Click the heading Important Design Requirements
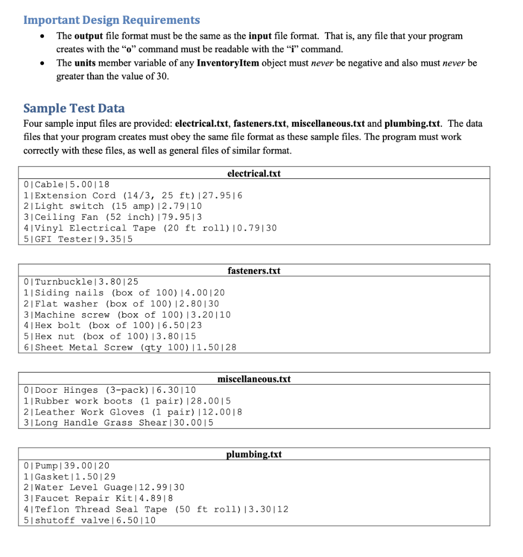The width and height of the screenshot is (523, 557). [111, 20]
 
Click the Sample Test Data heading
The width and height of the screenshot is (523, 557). [74, 108]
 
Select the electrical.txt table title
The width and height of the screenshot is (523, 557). [254, 174]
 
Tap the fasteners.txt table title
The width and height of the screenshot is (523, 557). [254, 270]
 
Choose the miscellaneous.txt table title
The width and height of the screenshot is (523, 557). [254, 379]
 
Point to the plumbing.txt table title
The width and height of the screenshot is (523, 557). [254, 454]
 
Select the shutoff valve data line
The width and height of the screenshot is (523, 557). [90, 520]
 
